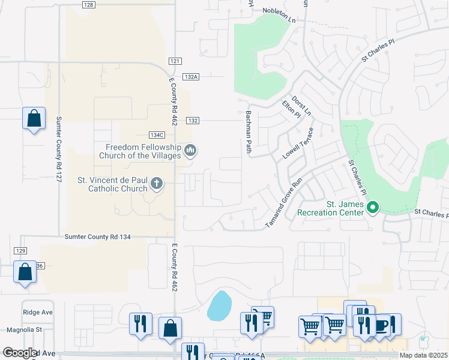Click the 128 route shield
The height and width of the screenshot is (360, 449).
[x=88, y=5]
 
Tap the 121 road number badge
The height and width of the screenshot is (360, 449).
[x=175, y=61]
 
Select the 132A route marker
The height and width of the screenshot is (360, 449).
[x=191, y=77]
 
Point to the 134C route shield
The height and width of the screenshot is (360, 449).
[x=157, y=135]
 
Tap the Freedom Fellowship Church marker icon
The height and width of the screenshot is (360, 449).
[x=190, y=150]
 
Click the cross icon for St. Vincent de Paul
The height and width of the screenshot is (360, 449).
[x=156, y=183]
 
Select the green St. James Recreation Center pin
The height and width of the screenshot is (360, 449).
[x=373, y=208]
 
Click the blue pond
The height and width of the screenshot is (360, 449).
[x=219, y=305]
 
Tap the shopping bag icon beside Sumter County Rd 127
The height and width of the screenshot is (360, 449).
[x=34, y=119]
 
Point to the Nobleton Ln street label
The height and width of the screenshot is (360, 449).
[x=279, y=11]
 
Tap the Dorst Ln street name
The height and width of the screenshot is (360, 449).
[x=301, y=105]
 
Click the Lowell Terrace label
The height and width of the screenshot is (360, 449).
[x=298, y=143]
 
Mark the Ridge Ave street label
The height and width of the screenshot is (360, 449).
[x=38, y=313]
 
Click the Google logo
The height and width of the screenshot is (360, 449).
[x=20, y=353]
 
